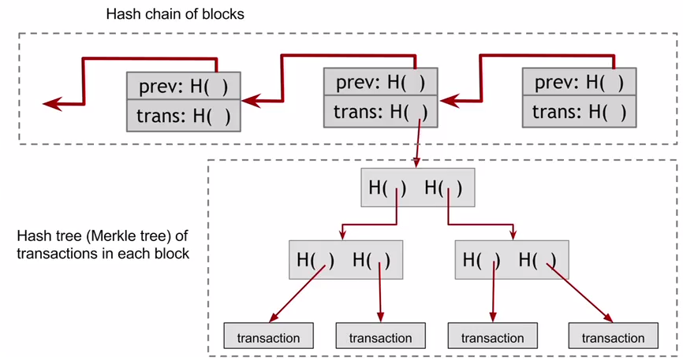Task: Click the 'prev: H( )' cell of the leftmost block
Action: (184, 86)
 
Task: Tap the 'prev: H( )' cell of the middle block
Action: (380, 82)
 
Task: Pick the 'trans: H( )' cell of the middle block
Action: (380, 111)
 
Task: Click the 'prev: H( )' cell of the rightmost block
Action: (579, 82)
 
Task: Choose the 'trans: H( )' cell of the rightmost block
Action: (579, 111)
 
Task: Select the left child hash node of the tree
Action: (344, 258)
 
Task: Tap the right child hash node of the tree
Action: (510, 258)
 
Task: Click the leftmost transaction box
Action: (269, 337)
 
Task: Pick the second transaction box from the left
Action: (380, 337)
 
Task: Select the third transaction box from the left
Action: (492, 337)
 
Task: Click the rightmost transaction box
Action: (612, 337)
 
